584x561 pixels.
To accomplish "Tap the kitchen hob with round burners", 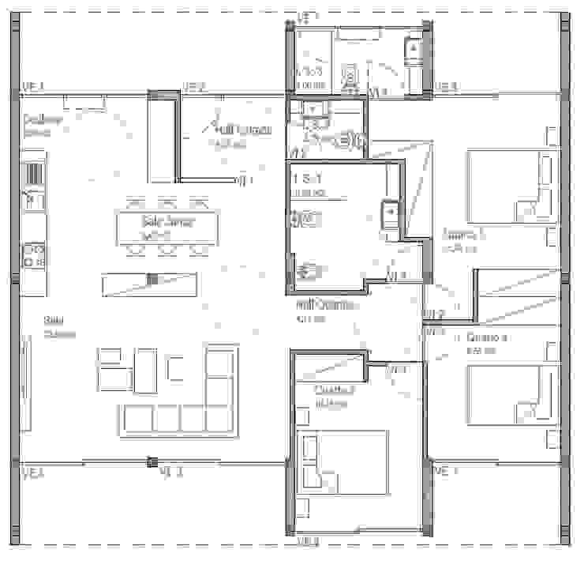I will [34, 254].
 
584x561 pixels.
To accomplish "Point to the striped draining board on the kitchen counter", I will [34, 175].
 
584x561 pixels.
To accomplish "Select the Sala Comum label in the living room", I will [58, 326].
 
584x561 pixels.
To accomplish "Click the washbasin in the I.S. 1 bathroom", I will [391, 213].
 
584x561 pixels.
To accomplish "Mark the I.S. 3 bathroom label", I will [309, 77].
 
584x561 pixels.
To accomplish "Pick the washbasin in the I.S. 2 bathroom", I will [313, 108].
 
